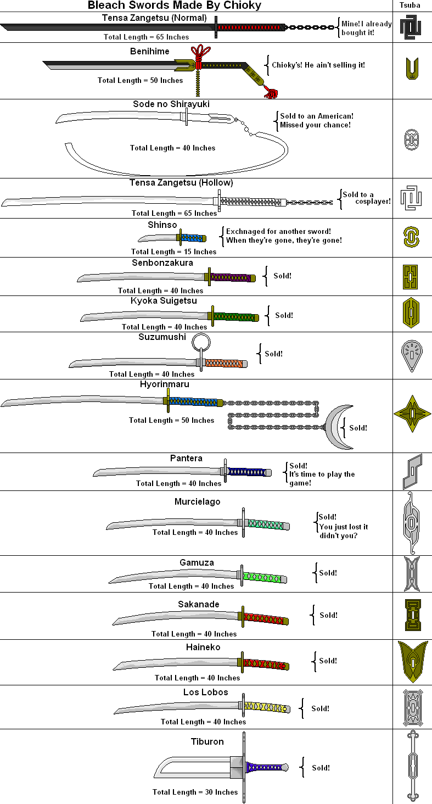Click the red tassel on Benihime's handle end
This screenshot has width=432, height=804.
point(270,92)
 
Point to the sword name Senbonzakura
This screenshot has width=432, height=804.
point(162,263)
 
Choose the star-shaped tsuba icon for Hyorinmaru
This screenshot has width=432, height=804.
point(412,414)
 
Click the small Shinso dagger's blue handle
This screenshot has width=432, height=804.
point(193,238)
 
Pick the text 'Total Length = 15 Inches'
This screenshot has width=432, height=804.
point(173,252)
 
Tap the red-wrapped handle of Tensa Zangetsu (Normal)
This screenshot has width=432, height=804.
point(252,27)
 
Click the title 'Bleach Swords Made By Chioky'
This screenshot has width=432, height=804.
point(175,5)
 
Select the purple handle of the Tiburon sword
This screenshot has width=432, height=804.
point(264,767)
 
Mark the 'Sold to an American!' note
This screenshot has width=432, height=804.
point(316,116)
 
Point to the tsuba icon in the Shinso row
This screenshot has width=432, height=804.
point(411,237)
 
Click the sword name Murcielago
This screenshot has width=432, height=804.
point(198,501)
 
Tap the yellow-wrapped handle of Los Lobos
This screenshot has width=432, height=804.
point(266,707)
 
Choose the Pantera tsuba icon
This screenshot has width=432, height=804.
point(412,471)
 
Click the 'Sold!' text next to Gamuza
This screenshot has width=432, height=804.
point(328,573)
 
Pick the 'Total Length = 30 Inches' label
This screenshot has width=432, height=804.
point(195,792)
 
